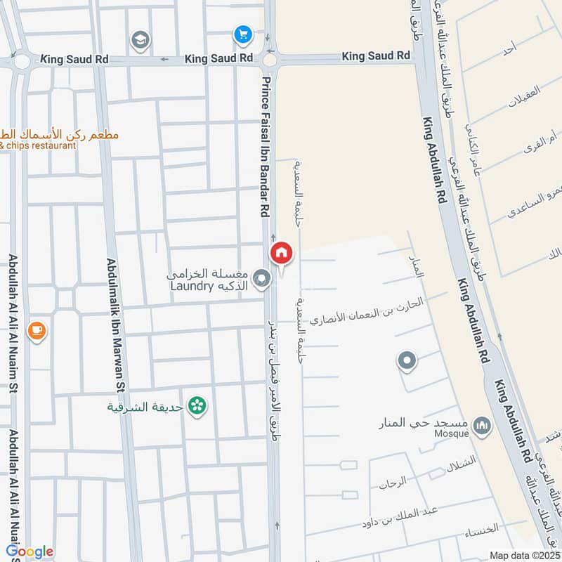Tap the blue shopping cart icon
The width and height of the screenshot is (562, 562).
(x=242, y=34)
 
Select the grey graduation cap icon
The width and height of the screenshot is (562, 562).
(x=140, y=39)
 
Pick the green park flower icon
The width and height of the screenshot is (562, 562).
(x=199, y=405)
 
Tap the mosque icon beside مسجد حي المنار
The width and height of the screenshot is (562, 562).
(x=482, y=425)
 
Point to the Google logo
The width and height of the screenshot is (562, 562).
(x=30, y=551)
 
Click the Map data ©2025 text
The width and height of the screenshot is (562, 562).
(x=525, y=555)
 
